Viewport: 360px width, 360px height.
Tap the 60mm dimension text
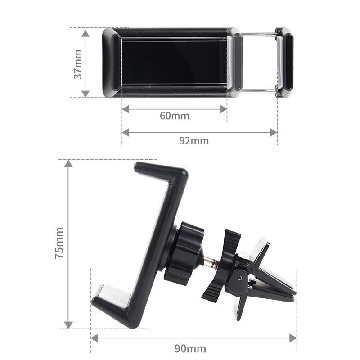[x=175, y=116]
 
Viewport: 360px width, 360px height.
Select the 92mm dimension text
[x=194, y=140]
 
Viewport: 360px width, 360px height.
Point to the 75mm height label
[x=59, y=243]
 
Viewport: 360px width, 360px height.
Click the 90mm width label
[x=191, y=348]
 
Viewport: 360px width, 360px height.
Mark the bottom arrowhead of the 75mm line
[x=68, y=324]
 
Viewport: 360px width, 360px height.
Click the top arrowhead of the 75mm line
[x=68, y=163]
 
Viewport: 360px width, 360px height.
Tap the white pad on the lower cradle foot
[x=112, y=294]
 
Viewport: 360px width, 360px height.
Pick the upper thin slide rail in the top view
[x=259, y=34]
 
